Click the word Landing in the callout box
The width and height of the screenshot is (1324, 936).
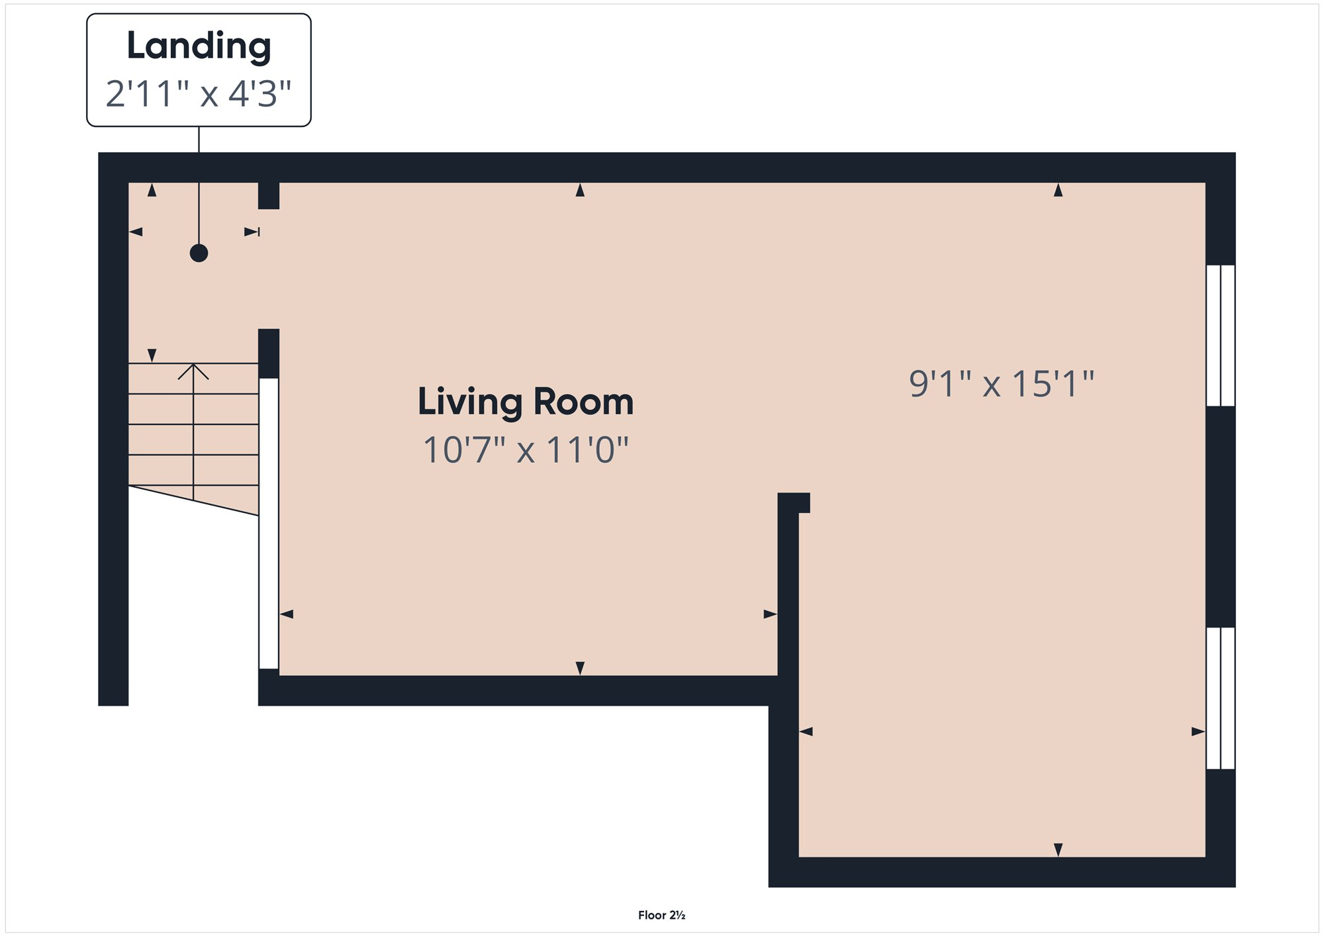coord(199,46)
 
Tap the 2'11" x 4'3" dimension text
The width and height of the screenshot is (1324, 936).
coord(199,93)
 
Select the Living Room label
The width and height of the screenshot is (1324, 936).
coord(526,402)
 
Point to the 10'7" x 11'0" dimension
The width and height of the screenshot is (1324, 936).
coord(526,450)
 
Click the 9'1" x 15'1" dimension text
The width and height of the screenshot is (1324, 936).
coord(1002,384)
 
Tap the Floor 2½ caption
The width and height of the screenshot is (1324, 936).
coord(661,915)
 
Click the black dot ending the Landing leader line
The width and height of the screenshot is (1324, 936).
coord(199,253)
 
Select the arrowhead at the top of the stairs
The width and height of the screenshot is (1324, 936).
coord(193,371)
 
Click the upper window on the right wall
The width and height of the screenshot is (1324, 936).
coord(1221,336)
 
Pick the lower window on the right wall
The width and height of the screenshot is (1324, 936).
coord(1221,698)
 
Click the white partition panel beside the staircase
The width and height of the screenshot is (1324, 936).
coord(269,523)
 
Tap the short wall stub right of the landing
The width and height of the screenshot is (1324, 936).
coord(269,195)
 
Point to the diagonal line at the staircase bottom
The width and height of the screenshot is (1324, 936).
coord(193,500)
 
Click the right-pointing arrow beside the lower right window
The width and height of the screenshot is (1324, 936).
coord(1198,731)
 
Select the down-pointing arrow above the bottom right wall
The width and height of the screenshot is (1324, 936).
coord(1058,850)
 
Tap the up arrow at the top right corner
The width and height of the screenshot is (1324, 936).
coord(1058,190)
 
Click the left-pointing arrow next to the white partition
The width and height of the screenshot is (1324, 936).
coord(287,614)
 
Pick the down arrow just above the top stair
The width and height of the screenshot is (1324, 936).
coord(152,355)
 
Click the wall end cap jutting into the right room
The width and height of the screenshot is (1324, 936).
coord(794,503)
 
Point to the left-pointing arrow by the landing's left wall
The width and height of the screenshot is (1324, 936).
coord(136,232)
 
